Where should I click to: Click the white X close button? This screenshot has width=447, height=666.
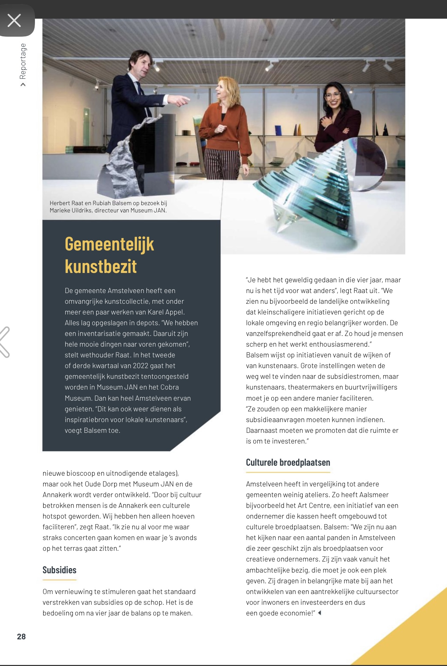click(14, 20)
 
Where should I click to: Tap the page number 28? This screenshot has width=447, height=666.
click(21, 637)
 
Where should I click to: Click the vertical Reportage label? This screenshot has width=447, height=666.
click(23, 61)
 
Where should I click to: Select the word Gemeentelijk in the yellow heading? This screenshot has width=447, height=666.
click(109, 244)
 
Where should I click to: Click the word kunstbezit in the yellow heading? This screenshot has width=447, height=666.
click(101, 266)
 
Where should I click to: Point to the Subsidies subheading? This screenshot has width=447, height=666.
click(60, 570)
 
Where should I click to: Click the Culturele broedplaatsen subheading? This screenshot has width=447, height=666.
click(288, 463)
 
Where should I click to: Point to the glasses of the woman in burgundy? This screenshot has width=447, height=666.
click(332, 94)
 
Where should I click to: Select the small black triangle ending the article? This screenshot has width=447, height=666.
click(320, 613)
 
